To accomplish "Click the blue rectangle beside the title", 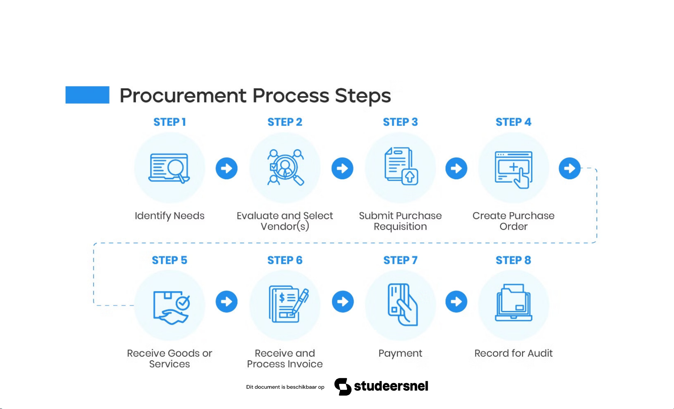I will click(x=87, y=95).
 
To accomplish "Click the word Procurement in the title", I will click(x=183, y=95).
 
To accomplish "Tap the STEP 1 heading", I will click(x=170, y=122).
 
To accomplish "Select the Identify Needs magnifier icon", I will click(x=170, y=168).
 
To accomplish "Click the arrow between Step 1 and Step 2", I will click(x=226, y=168).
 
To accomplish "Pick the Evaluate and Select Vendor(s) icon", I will click(x=285, y=168).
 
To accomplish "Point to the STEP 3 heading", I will click(x=400, y=122).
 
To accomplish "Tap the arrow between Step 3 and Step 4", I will click(x=456, y=168).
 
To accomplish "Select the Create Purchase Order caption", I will click(x=513, y=221).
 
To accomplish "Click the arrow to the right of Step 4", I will click(x=570, y=168).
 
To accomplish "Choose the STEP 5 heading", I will click(x=170, y=260).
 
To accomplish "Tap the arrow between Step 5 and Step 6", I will click(x=226, y=302).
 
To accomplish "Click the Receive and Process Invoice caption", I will click(x=285, y=358).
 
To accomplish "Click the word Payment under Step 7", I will click(x=400, y=353).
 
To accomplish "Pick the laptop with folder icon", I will click(x=513, y=303).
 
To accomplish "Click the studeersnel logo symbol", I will click(x=342, y=387).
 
